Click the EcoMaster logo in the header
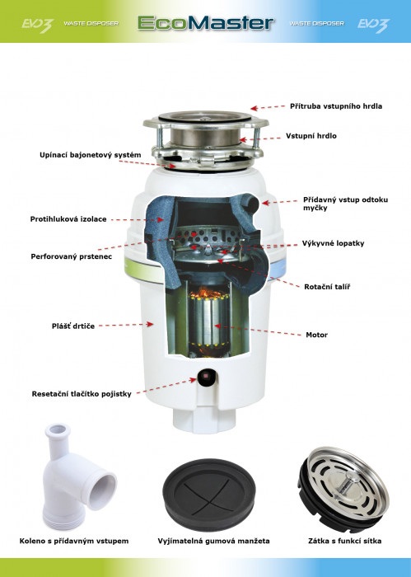[206, 23]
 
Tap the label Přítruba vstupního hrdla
[336, 106]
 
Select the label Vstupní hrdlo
[311, 136]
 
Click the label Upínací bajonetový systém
[90, 155]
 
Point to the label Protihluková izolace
[68, 219]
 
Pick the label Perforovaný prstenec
[72, 256]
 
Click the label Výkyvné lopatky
[333, 243]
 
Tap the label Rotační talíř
[327, 287]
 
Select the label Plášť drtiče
[72, 326]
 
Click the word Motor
[316, 335]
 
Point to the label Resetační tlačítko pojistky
[82, 394]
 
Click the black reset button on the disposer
[207, 377]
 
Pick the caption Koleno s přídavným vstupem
[74, 542]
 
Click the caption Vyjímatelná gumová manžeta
[213, 542]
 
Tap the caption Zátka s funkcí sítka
[344, 542]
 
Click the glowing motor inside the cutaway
[208, 323]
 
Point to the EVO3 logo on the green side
[37, 26]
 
